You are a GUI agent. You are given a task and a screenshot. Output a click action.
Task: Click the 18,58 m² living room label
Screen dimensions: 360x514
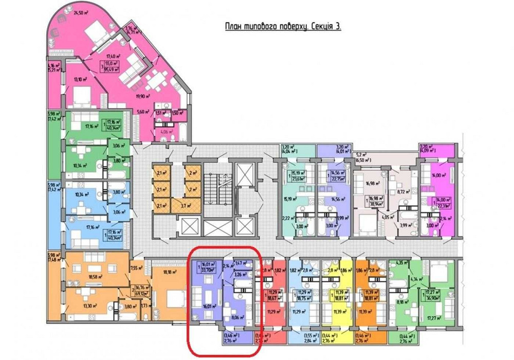point(80,276)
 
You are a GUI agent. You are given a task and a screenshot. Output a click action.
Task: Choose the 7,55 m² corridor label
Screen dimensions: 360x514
point(136,268)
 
